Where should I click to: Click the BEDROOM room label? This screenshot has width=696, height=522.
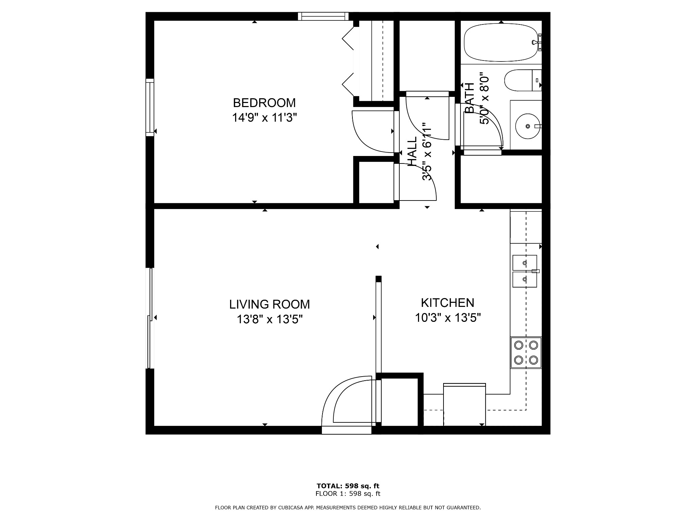264,103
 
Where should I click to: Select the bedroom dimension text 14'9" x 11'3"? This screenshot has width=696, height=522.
264,118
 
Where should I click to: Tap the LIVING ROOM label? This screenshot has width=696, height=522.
269,304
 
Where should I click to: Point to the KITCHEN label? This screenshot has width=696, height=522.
447,302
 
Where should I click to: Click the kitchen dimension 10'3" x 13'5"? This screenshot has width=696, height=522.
448,318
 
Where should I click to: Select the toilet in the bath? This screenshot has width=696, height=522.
522,81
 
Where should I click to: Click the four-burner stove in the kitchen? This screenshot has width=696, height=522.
526,352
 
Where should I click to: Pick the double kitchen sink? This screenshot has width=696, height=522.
524,271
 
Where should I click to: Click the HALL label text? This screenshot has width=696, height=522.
412,152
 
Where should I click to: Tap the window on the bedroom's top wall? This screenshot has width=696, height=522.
323,16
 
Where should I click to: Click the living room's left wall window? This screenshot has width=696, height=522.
150,318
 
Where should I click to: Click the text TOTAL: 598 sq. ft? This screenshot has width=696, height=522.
348,486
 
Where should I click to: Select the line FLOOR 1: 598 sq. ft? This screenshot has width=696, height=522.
348,494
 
